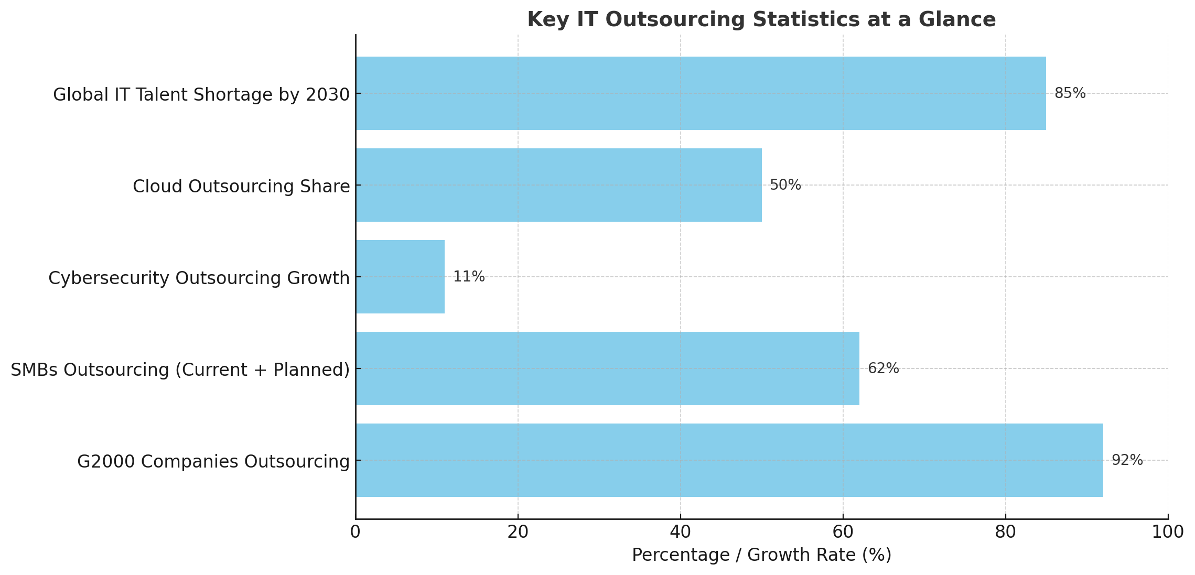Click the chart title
[x=761, y=20]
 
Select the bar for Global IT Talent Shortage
[x=701, y=93]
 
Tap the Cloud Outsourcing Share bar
[x=558, y=185]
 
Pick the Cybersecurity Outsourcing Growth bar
[x=400, y=277]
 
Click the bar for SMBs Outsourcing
[x=607, y=368]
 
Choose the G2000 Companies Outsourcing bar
[x=729, y=460]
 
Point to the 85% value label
[x=1070, y=93]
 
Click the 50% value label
[x=785, y=185]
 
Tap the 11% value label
[x=469, y=277]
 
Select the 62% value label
[x=883, y=368]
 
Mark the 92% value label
[x=1127, y=460]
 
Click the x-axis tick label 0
[x=356, y=532]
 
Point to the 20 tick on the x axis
[x=518, y=532]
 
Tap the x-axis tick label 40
[x=681, y=532]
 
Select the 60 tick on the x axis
[x=843, y=532]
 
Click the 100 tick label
[x=1168, y=532]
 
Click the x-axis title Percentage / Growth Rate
[x=761, y=555]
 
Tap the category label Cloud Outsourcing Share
[x=241, y=187]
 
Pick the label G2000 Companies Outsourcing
[x=213, y=462]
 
